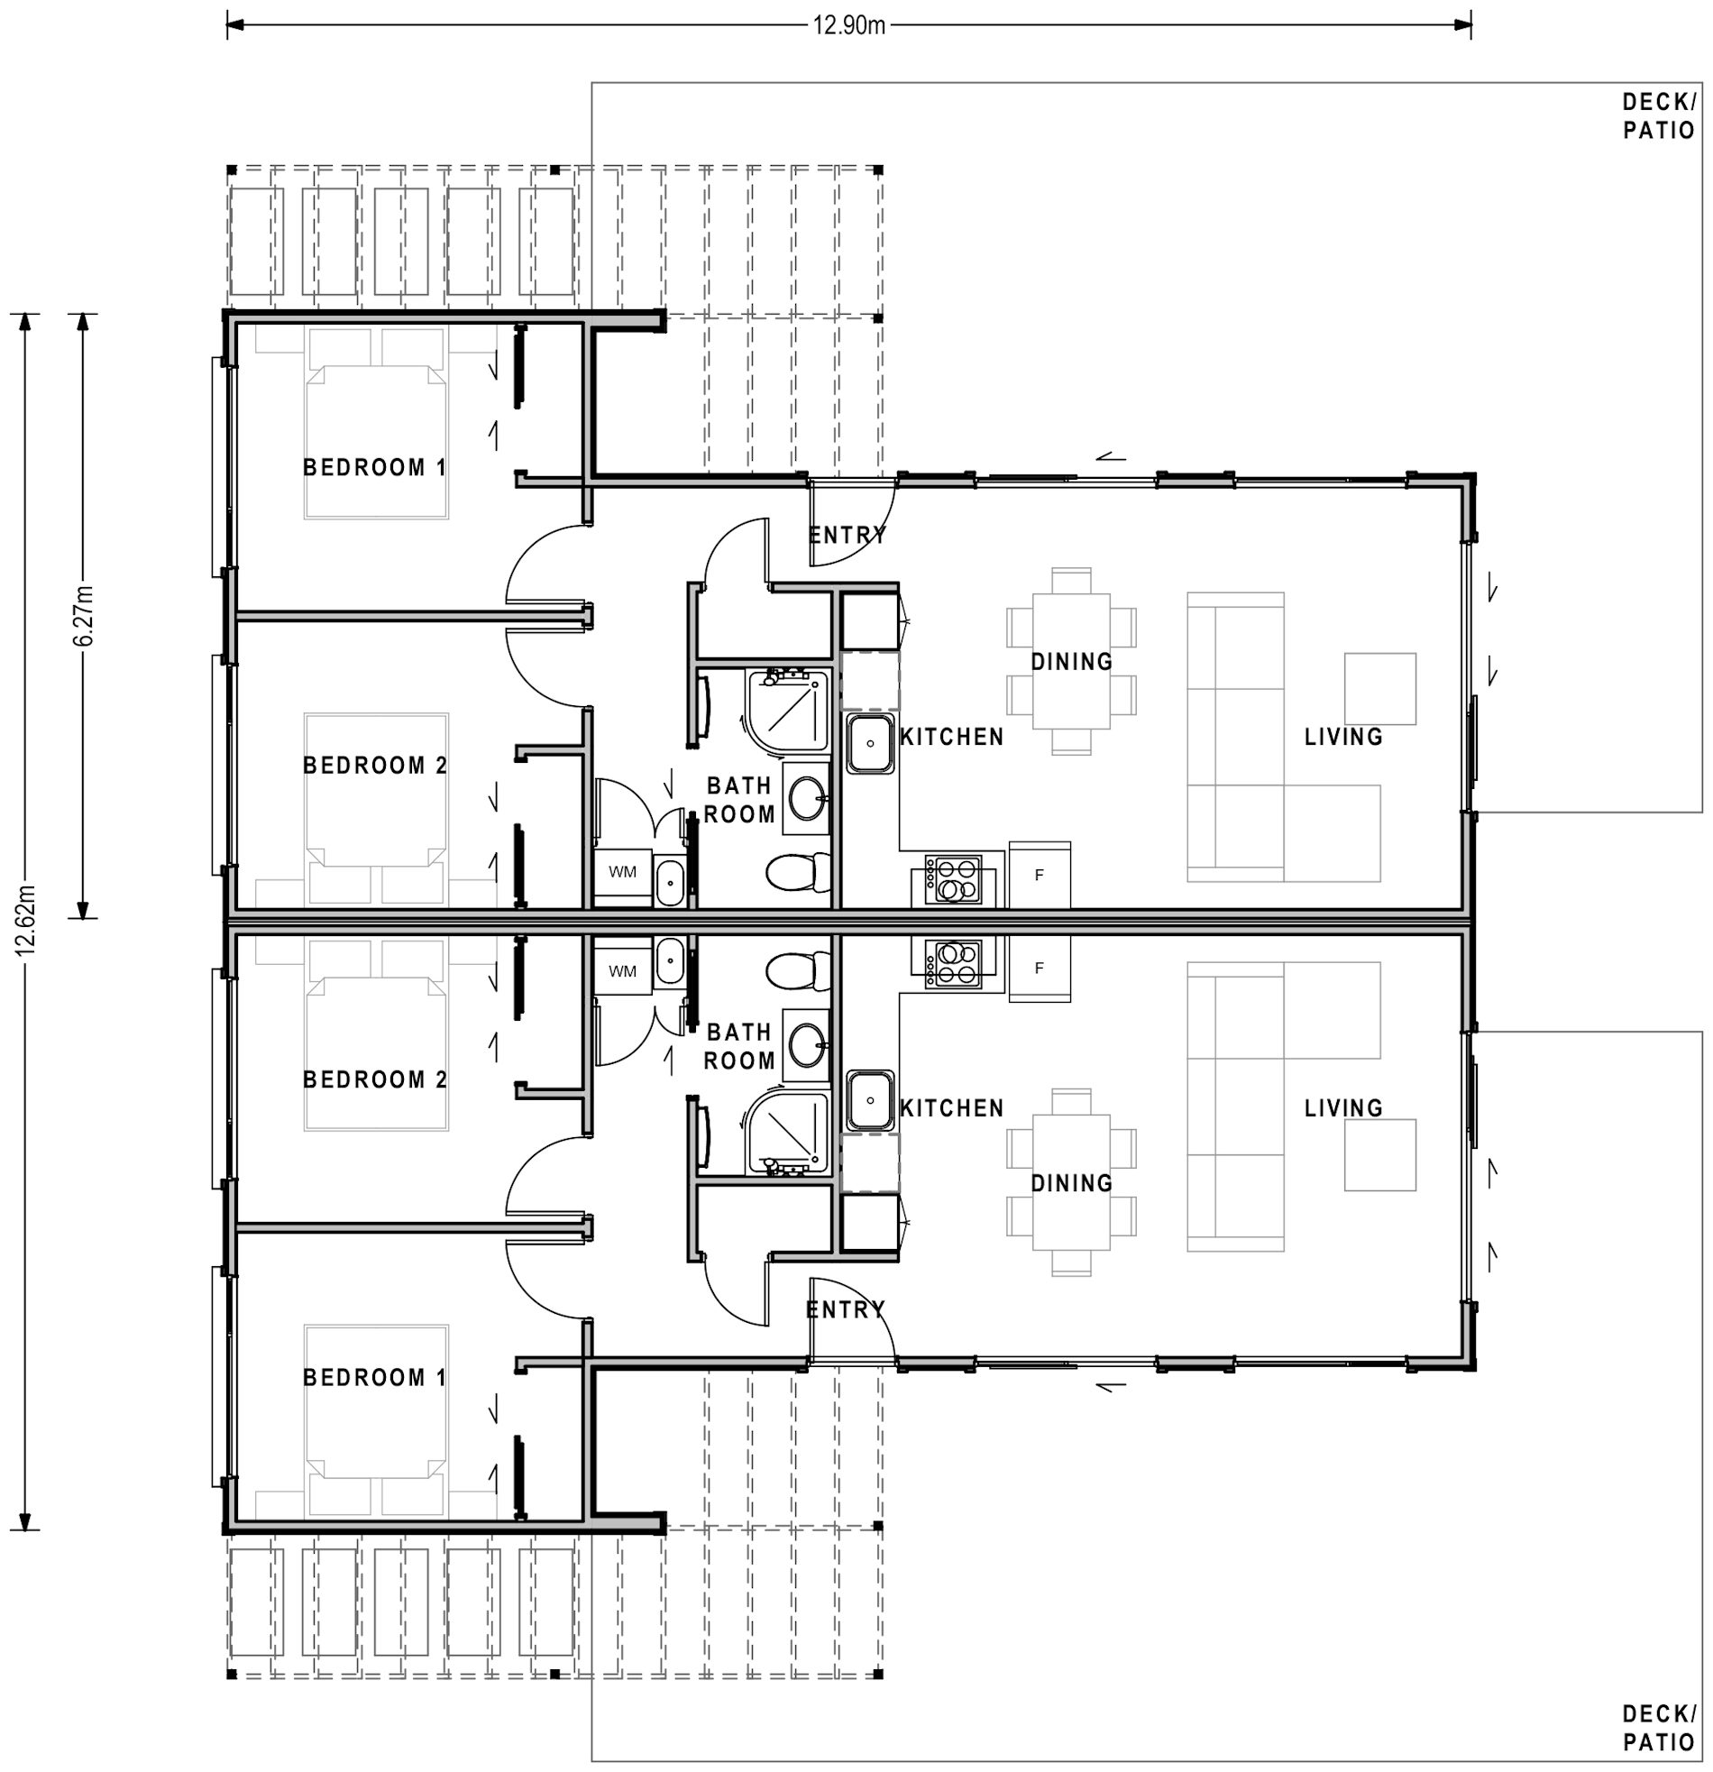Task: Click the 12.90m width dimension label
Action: coord(847,25)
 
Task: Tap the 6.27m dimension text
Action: coord(83,616)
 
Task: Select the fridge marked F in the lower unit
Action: coord(1039,969)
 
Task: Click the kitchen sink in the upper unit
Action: coord(870,743)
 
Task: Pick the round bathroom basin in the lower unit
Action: coord(805,1046)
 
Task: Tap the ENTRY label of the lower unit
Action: coord(845,1309)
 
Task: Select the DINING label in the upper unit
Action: coord(1071,662)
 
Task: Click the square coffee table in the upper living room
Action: coord(1379,689)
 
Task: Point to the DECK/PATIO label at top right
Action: coord(1658,116)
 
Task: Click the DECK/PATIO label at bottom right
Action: coord(1658,1728)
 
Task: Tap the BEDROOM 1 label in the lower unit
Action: coord(374,1378)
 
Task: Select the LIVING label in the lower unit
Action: coord(1343,1107)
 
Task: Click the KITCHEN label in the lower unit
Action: coord(952,1107)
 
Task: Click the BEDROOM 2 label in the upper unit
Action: coord(374,766)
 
